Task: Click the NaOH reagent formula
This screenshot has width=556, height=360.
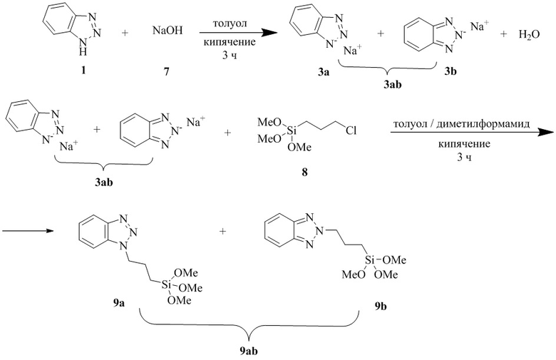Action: pos(168,31)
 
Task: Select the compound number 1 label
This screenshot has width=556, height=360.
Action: pos(83,71)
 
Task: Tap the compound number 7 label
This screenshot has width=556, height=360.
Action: pos(166,71)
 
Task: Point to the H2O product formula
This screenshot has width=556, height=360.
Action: pos(529,35)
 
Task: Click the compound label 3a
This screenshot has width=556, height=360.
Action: pos(324,72)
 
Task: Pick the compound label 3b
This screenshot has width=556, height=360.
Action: pos(451,72)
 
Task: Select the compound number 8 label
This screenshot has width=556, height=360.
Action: pos(304,173)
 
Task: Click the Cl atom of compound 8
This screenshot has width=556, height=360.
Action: pos(351,131)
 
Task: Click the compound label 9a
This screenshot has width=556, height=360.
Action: pos(119,303)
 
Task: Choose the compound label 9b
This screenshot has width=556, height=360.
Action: pos(381,306)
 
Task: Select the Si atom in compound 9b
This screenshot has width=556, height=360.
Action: pos(370,261)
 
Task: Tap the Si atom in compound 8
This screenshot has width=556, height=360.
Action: pos(291,131)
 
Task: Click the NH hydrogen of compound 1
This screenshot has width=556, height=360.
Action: pos(83,53)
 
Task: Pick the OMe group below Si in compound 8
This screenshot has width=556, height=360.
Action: pos(299,147)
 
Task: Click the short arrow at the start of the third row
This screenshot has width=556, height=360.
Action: pos(27,231)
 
